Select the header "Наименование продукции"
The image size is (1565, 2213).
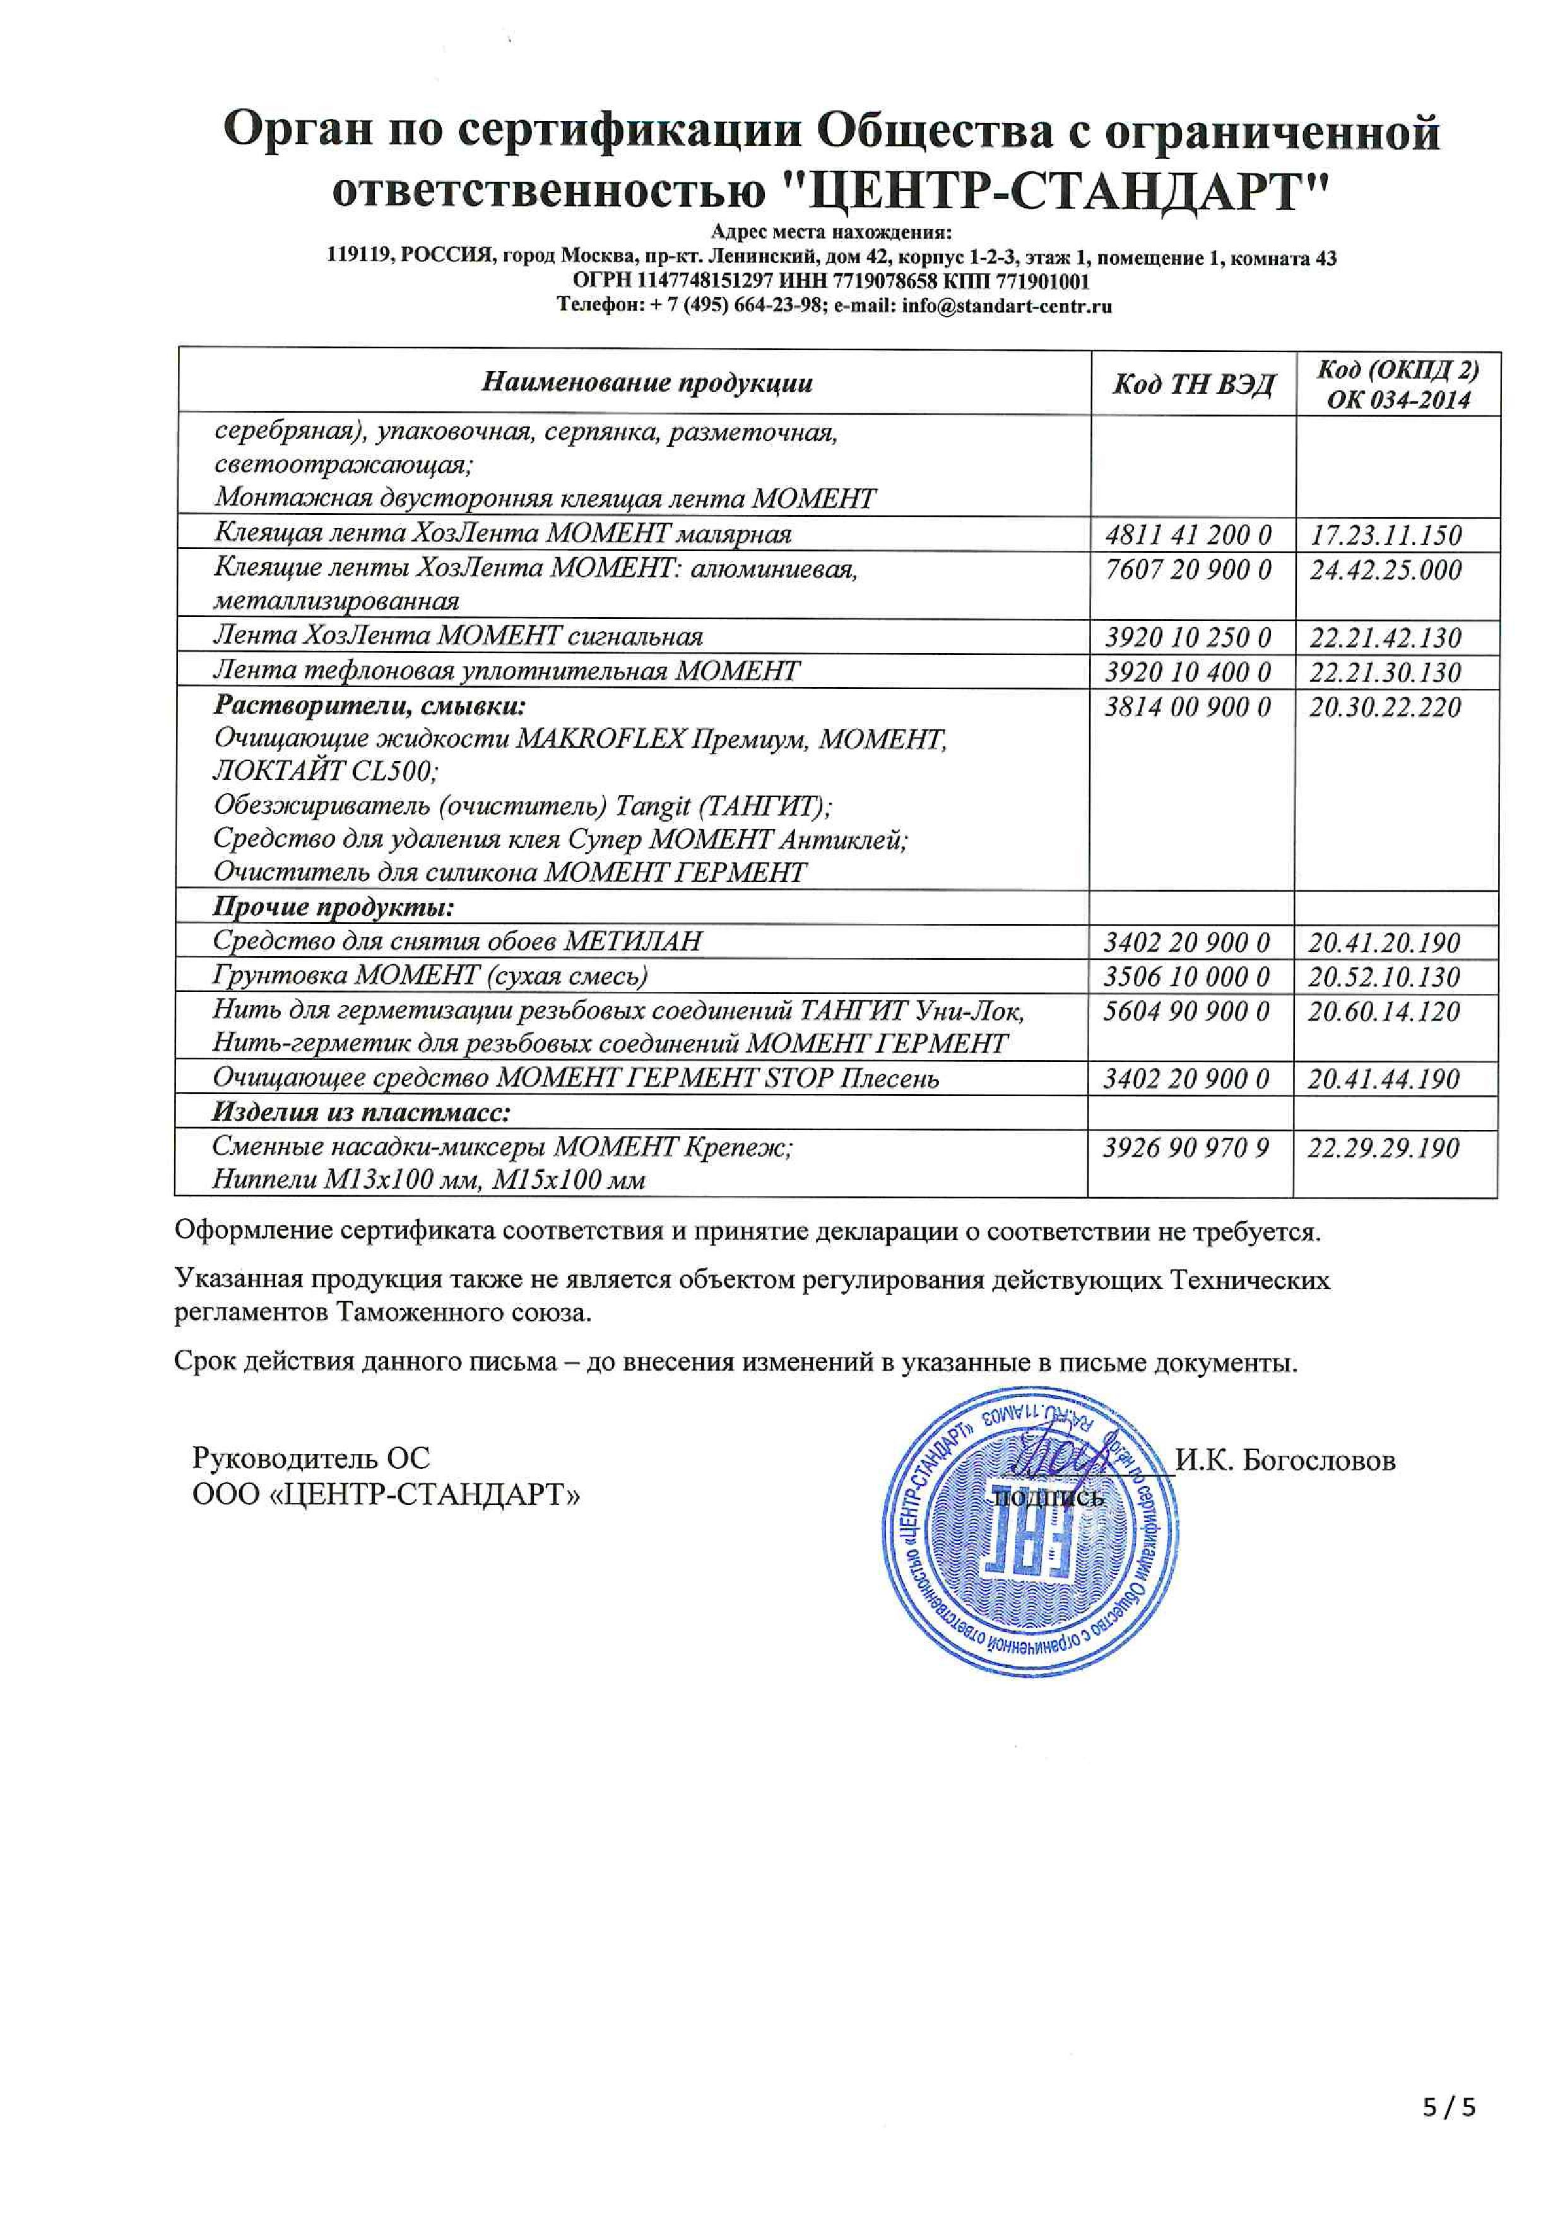(647, 382)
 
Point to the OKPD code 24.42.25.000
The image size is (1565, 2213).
(1385, 570)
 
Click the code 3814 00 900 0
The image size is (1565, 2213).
(1187, 707)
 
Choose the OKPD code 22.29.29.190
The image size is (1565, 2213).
(1383, 1147)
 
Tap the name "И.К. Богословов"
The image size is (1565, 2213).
(1285, 1460)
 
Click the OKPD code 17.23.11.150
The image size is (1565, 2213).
(1385, 535)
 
